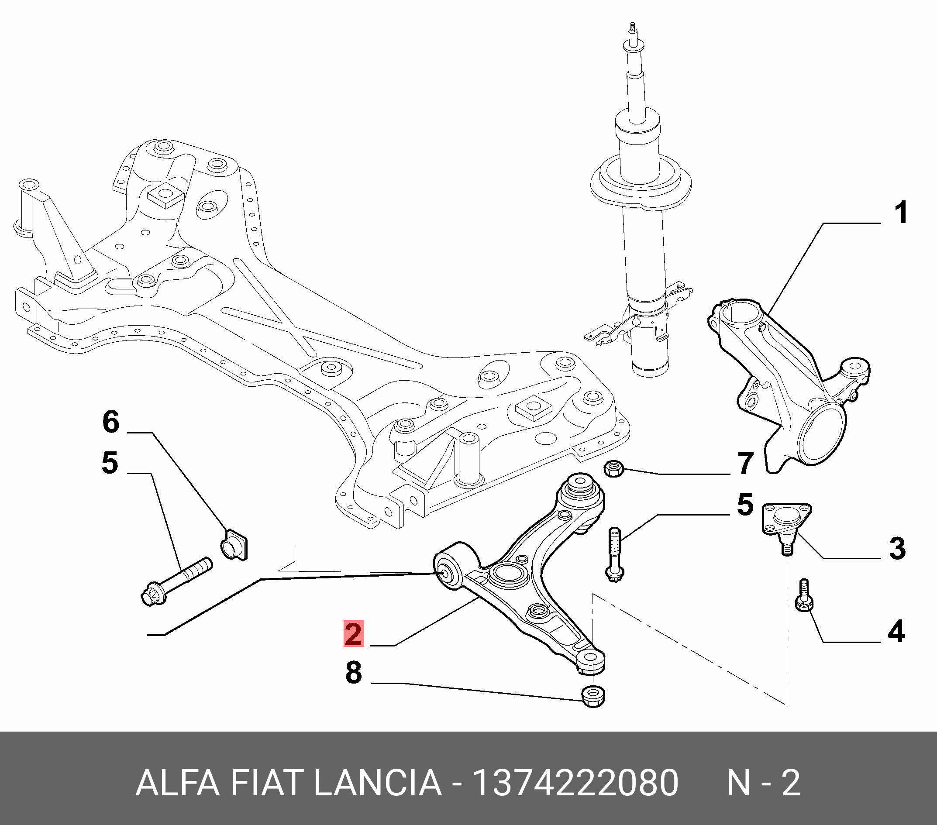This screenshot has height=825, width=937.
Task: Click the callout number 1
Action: click(x=901, y=213)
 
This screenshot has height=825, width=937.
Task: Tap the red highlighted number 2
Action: click(x=353, y=634)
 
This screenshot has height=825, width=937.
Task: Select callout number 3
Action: click(x=897, y=549)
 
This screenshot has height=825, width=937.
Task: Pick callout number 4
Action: click(x=896, y=632)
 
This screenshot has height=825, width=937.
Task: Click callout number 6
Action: click(x=111, y=422)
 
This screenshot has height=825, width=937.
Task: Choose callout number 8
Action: click(x=353, y=673)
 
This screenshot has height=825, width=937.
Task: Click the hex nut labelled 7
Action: click(x=613, y=468)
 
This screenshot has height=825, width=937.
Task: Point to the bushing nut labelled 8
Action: click(x=593, y=697)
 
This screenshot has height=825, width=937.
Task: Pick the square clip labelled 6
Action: click(x=234, y=544)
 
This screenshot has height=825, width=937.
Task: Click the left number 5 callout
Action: click(x=110, y=462)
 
